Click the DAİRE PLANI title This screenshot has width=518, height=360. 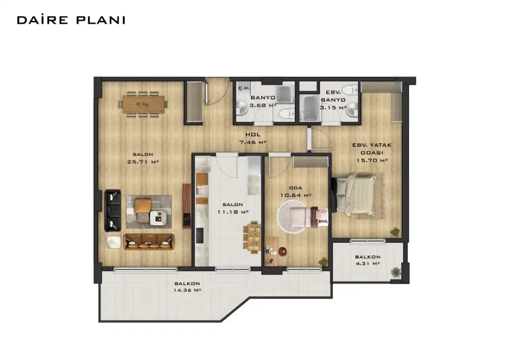pyautogui.click(x=71, y=20)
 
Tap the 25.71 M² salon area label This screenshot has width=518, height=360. pyautogui.click(x=143, y=162)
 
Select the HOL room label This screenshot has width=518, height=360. pyautogui.click(x=253, y=135)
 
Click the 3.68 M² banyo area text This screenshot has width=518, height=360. pyautogui.click(x=263, y=105)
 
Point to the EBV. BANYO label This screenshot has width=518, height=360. pyautogui.click(x=333, y=96)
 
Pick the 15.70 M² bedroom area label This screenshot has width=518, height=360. pyautogui.click(x=372, y=161)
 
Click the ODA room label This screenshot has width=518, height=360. pyautogui.click(x=295, y=188)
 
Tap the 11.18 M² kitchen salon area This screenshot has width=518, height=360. pyautogui.click(x=233, y=212)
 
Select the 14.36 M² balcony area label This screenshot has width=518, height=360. pyautogui.click(x=187, y=291)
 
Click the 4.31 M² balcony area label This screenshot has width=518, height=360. pyautogui.click(x=368, y=264)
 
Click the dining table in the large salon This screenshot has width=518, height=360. pyautogui.click(x=143, y=104)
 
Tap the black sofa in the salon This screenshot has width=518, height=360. pyautogui.click(x=112, y=210)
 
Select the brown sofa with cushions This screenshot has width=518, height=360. pyautogui.click(x=149, y=242)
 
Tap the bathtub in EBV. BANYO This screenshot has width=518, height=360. pyautogui.click(x=310, y=108)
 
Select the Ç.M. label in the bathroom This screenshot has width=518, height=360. pyautogui.click(x=244, y=88)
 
